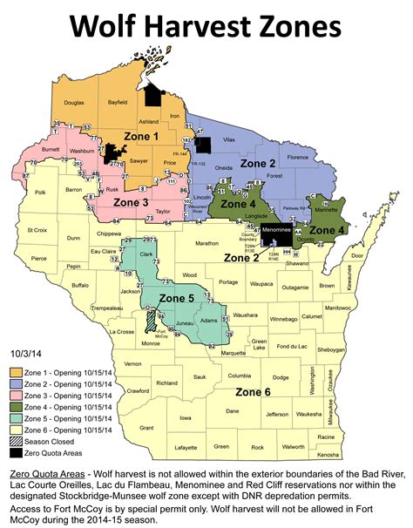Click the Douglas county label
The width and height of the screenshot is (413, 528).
(74, 103)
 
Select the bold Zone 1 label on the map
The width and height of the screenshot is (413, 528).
(144, 136)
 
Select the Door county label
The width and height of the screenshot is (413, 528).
(356, 255)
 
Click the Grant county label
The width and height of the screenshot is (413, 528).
(146, 427)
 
